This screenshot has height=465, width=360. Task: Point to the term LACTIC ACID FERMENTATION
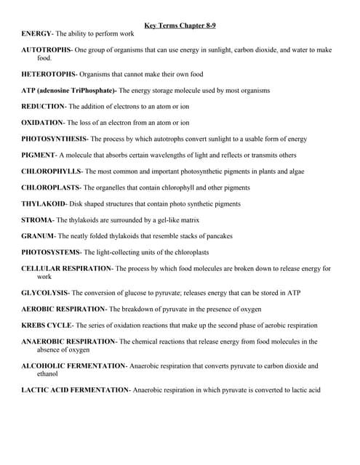point(75,390)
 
